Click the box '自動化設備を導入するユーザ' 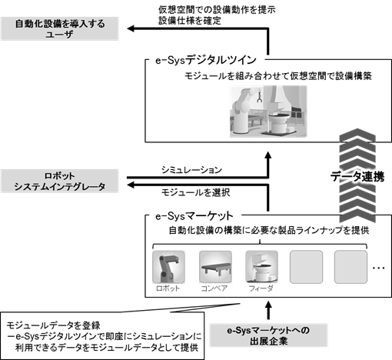click(60, 28)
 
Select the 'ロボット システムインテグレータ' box click(60, 181)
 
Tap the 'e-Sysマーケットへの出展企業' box click(268, 335)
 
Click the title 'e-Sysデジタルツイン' click(206, 60)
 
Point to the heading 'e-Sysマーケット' click(194, 216)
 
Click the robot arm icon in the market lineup click(168, 267)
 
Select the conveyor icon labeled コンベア click(215, 267)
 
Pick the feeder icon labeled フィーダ click(261, 267)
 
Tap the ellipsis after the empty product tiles click(378, 268)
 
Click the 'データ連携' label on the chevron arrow click(357, 177)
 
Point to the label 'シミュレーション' click(191, 170)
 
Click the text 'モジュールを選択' click(195, 192)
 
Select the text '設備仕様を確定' click(190, 21)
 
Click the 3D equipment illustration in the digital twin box click(268, 112)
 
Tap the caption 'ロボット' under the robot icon click(168, 288)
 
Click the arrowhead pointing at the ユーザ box click(131, 28)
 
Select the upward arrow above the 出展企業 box click(268, 311)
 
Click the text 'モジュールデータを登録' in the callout click(53, 325)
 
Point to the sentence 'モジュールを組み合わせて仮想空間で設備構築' click(278, 76)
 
